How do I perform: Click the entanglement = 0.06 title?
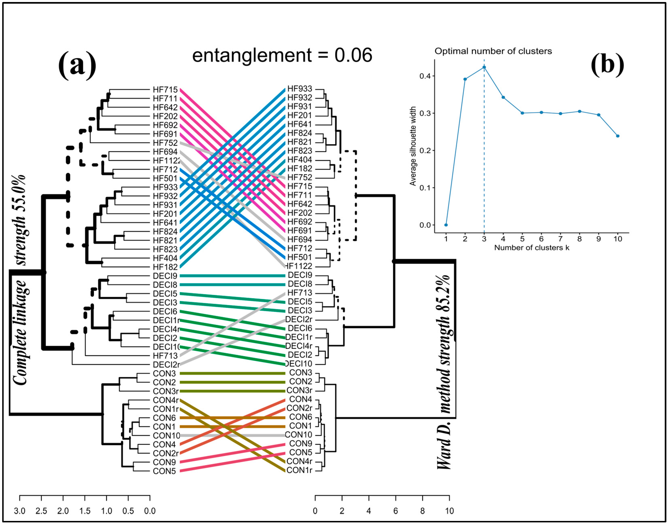click(282, 56)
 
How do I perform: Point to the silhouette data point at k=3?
click(484, 67)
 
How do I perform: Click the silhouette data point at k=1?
click(446, 225)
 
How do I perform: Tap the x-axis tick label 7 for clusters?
click(560, 239)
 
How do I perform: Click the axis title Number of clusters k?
click(531, 248)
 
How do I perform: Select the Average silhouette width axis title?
click(413, 146)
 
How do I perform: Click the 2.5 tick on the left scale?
click(41, 511)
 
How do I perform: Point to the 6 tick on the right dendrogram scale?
click(396, 511)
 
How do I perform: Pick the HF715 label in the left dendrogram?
click(165, 90)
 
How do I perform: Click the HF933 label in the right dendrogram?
click(299, 89)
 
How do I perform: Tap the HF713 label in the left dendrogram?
click(165, 356)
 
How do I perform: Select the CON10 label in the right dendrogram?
click(298, 435)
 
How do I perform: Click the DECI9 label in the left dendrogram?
click(165, 276)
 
